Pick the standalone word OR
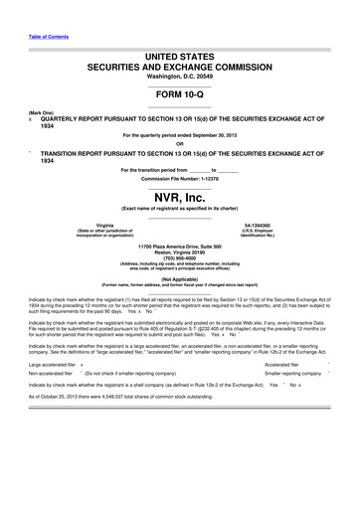coord(179,141)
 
